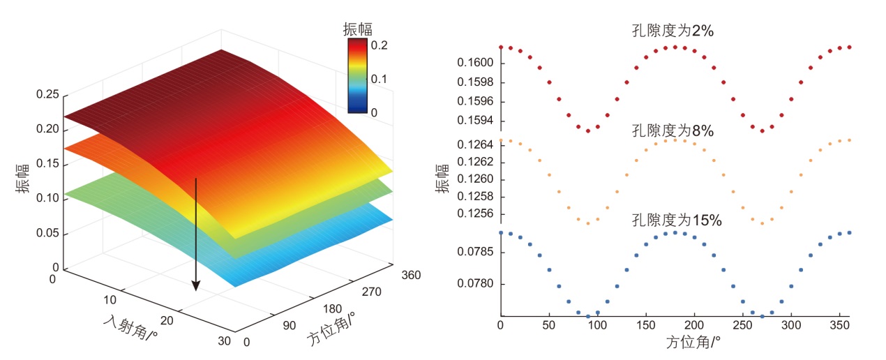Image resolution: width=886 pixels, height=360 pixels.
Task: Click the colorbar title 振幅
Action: coord(357,29)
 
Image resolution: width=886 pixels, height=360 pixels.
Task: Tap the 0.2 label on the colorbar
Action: coord(380,45)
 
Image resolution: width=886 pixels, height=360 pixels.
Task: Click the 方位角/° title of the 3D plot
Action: coord(331,329)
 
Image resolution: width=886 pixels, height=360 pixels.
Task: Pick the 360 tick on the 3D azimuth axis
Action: coord(412,275)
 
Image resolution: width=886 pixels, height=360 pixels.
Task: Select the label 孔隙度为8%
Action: coord(672,130)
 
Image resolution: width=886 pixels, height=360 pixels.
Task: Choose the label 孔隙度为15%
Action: coord(676,220)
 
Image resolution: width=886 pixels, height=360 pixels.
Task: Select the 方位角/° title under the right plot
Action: coord(693,343)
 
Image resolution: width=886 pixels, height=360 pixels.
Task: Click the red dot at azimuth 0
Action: coord(501,47)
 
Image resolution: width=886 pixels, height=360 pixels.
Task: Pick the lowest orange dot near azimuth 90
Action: coord(588,223)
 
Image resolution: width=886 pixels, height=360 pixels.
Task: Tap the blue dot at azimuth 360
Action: coord(850,232)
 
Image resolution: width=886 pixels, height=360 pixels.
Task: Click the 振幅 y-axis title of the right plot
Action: coord(442,179)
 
